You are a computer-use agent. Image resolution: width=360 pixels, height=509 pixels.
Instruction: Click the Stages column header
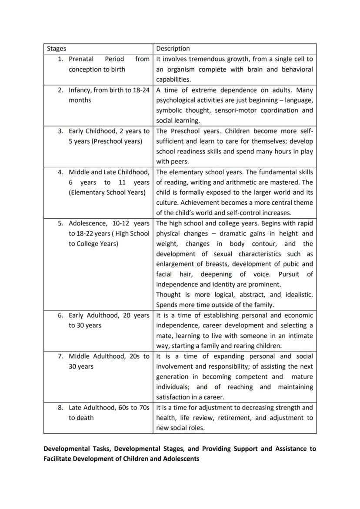(56, 49)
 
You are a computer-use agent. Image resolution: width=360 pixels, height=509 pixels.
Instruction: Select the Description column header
(173, 49)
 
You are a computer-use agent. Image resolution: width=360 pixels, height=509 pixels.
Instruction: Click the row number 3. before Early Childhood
(61, 131)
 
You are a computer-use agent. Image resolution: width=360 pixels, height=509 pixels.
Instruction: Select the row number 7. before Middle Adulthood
(61, 356)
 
